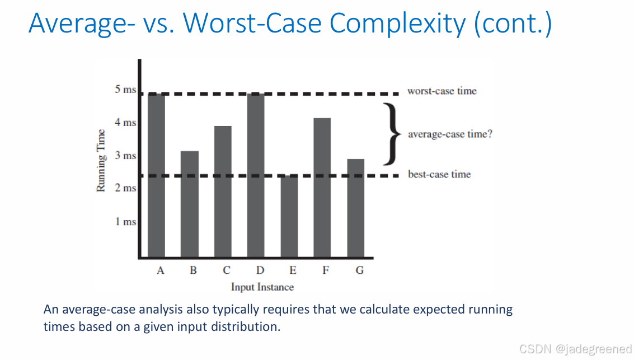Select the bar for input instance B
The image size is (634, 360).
[x=190, y=204]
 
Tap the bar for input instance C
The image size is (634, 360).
[x=223, y=191]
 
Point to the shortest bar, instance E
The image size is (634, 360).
[x=289, y=216]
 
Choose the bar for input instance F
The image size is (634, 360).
[x=322, y=188]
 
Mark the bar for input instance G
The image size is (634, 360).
[x=356, y=208]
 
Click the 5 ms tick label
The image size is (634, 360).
[x=125, y=90]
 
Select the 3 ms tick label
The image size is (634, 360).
[x=125, y=156]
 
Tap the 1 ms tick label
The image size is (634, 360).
[x=125, y=222]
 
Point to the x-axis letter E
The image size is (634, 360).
[x=293, y=270]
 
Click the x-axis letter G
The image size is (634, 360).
[x=359, y=270]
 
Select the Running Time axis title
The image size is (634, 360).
[x=101, y=160]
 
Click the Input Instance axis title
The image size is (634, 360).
[x=262, y=287]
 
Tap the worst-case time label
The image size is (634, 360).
[x=442, y=91]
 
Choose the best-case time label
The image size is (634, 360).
[x=439, y=174]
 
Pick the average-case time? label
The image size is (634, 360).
[x=450, y=134]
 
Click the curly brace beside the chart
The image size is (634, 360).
[x=393, y=134]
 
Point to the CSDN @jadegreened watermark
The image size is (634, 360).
[x=575, y=349]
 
